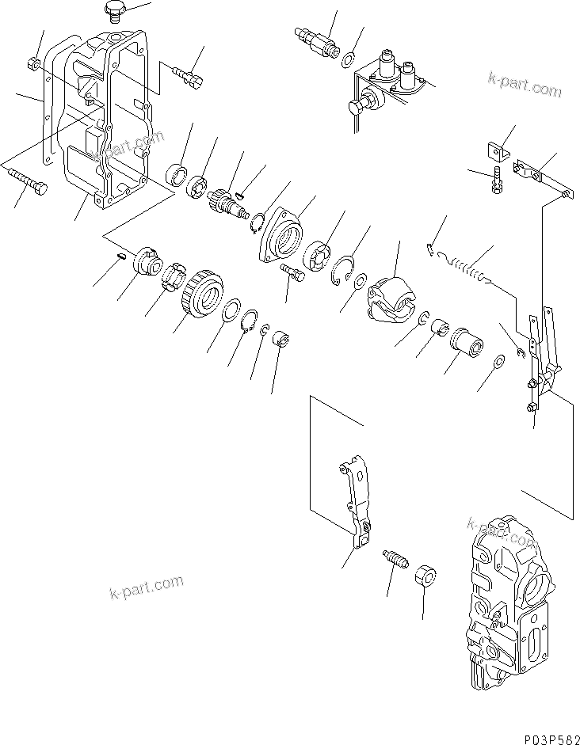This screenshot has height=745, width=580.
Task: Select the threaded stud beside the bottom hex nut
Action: pos(394,560)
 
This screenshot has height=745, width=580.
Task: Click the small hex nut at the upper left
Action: pos(34,63)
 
